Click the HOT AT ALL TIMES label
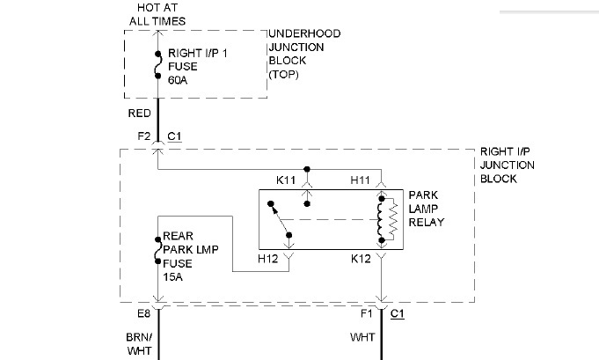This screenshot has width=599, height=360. click(157, 13)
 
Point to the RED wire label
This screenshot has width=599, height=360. click(139, 114)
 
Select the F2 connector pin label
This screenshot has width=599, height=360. click(142, 136)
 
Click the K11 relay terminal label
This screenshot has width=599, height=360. click(287, 180)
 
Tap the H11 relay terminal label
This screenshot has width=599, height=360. click(361, 180)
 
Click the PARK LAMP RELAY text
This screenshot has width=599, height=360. click(427, 209)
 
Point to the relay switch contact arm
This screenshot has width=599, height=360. click(281, 221)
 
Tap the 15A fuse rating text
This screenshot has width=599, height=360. click(173, 276)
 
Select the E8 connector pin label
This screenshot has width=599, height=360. click(142, 313)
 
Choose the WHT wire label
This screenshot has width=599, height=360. click(362, 336)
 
